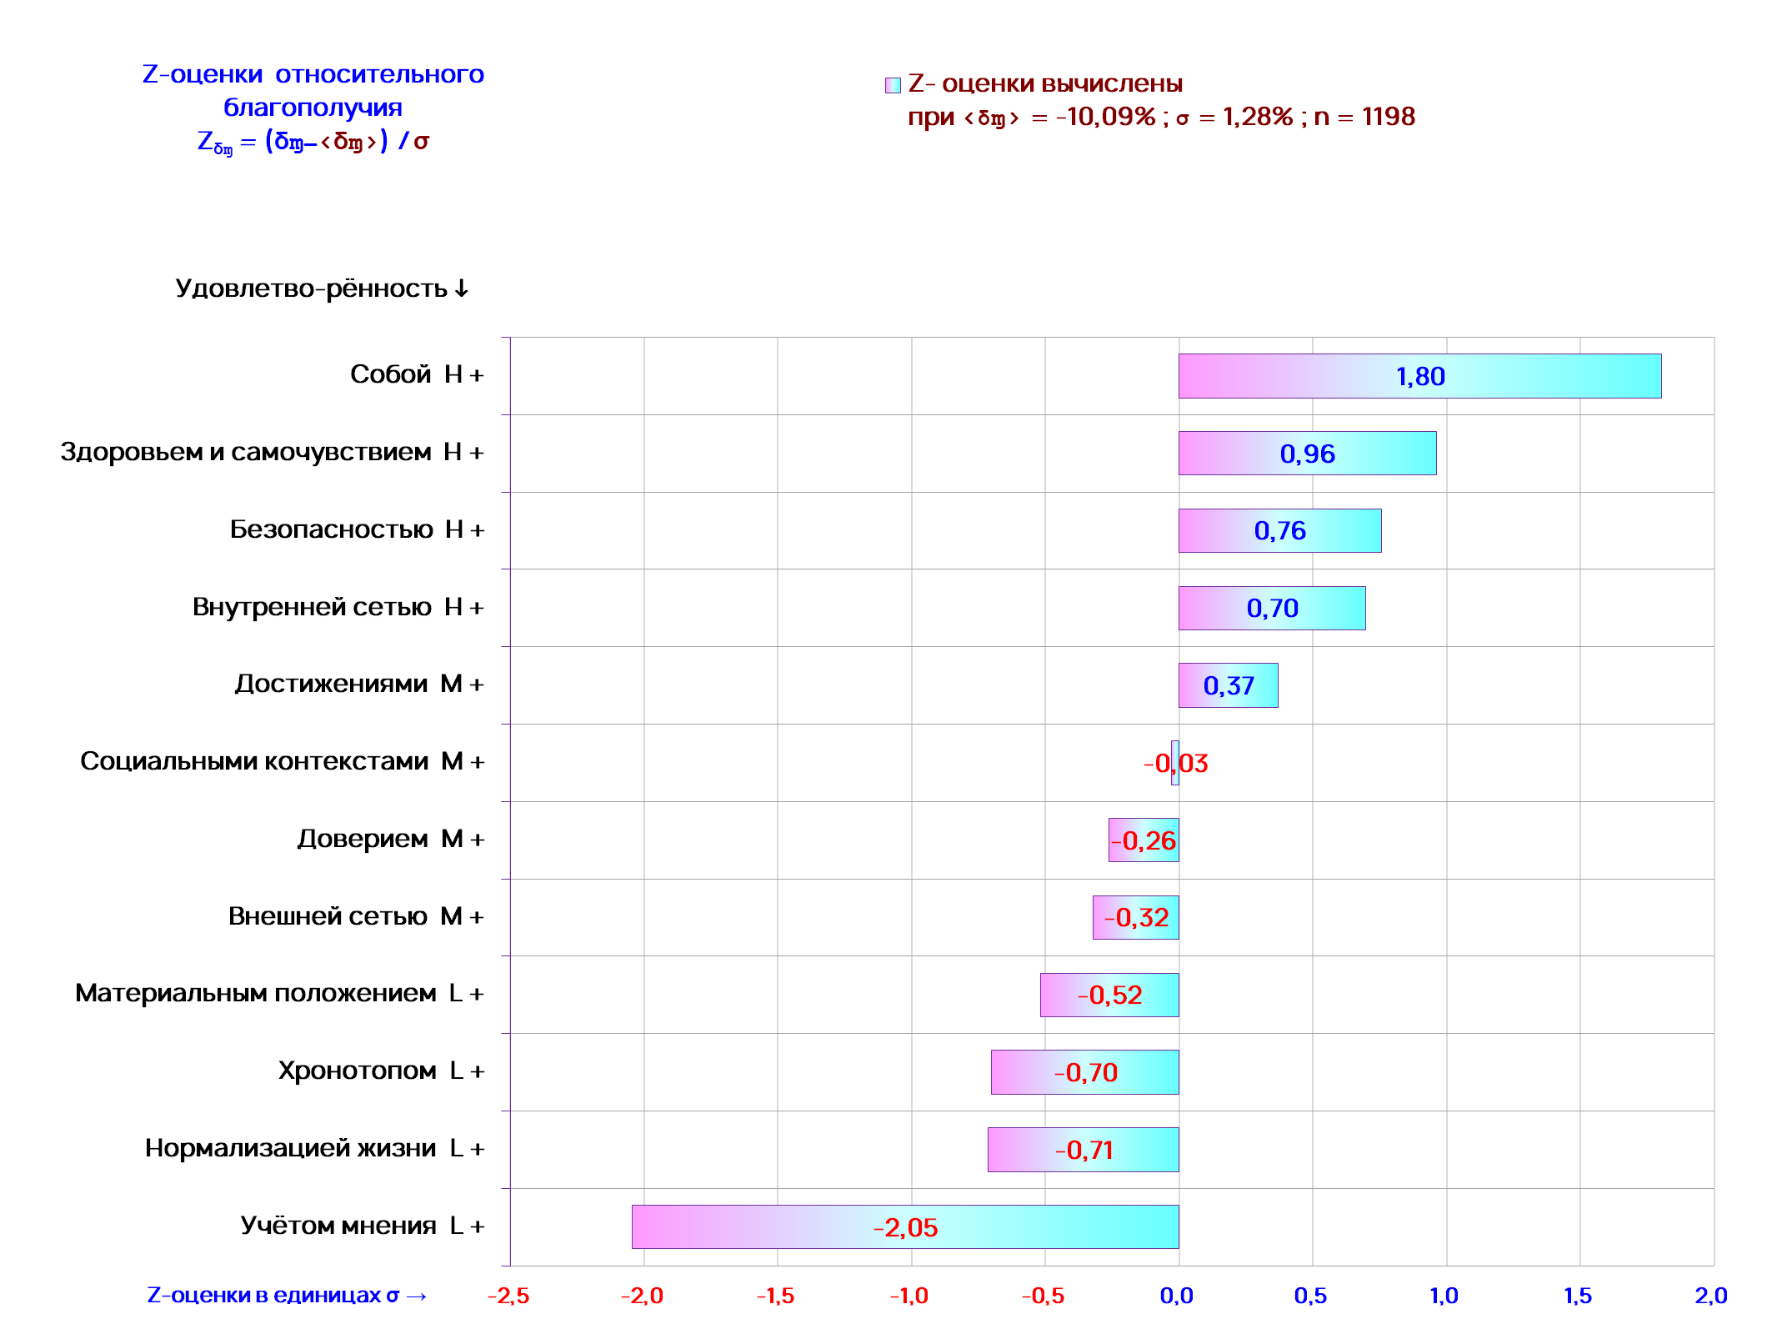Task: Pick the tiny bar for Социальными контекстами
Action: [1175, 763]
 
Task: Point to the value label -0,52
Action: [1109, 995]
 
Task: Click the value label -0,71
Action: [1084, 1150]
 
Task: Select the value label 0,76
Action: [1279, 530]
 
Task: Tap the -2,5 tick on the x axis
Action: [508, 1296]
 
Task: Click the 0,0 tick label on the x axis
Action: [1177, 1296]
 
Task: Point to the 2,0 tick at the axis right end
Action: [1710, 1296]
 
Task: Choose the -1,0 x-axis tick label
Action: [909, 1296]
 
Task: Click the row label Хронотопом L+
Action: [381, 1071]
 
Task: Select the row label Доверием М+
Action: [390, 839]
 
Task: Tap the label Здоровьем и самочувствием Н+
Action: [272, 452]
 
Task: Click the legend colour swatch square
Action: [893, 85]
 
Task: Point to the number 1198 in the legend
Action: [1388, 117]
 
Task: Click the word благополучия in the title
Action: [313, 108]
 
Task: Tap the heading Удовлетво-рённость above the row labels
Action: [322, 288]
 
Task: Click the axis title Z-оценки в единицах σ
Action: [286, 1296]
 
